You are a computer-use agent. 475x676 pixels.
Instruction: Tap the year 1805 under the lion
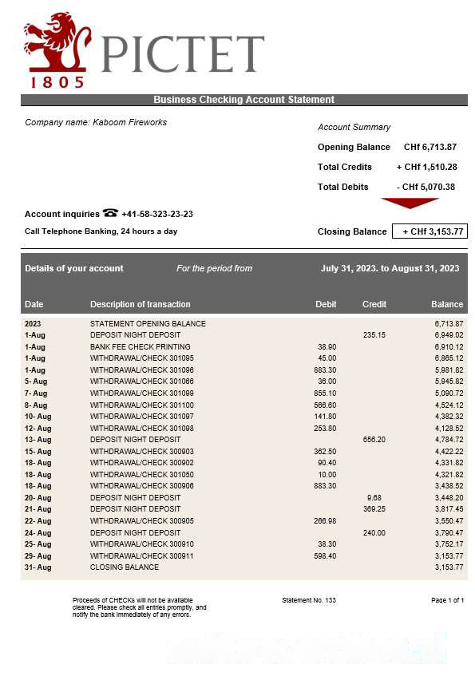[x=57, y=81]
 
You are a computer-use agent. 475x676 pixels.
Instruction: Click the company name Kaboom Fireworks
[x=96, y=122]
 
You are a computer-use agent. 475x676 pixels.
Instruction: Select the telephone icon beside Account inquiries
[x=110, y=213]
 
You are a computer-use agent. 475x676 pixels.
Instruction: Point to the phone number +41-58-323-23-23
[x=157, y=214]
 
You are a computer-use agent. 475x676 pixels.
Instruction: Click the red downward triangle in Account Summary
[x=410, y=203]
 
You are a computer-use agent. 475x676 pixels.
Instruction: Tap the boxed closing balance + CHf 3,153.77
[x=429, y=231]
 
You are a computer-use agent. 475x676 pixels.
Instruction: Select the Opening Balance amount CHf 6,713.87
[x=429, y=147]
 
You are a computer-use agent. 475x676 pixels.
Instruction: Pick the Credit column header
[x=374, y=304]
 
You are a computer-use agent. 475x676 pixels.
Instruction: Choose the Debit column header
[x=326, y=304]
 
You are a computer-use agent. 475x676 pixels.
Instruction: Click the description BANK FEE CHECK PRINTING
[x=140, y=347]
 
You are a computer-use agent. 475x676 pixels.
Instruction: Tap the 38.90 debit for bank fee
[x=327, y=347]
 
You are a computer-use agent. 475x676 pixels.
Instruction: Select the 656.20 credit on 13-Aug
[x=374, y=440]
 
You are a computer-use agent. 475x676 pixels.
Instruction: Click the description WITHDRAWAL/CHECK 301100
[x=141, y=405]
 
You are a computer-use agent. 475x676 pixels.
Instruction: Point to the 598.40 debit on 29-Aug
[x=326, y=555]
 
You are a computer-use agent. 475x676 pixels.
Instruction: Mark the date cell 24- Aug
[x=38, y=532]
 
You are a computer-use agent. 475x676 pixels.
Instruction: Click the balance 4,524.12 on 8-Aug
[x=449, y=405]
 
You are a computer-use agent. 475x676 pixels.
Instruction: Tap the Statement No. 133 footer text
[x=309, y=600]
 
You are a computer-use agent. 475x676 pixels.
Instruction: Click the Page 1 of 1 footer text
[x=447, y=600]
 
